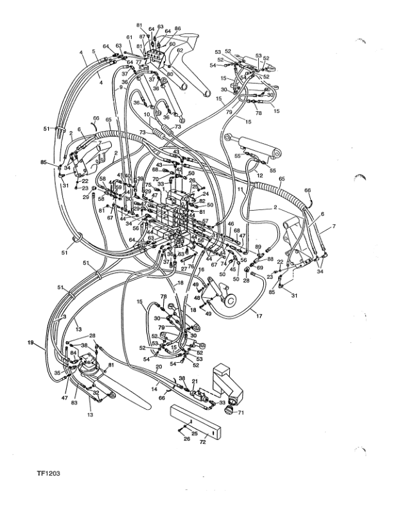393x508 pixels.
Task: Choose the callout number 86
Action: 178,29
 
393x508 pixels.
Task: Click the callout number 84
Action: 73,352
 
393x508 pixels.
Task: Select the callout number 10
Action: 146,115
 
